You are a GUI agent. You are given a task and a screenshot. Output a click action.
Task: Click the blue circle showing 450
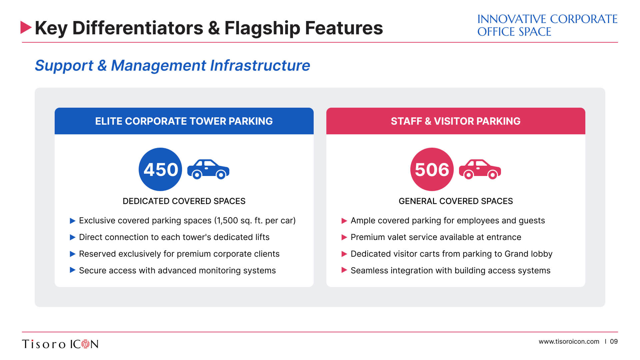tap(160, 169)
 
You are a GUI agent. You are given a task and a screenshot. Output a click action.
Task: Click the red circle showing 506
tap(432, 169)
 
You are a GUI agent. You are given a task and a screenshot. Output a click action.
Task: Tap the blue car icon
tap(208, 169)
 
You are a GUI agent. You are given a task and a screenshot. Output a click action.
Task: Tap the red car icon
tap(480, 169)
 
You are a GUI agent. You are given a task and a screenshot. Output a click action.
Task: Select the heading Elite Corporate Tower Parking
tap(184, 121)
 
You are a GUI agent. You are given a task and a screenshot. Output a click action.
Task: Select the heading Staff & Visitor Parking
tap(456, 121)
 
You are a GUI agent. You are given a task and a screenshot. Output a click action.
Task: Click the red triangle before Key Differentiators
tap(26, 27)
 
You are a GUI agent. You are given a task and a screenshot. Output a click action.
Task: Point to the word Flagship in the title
tap(262, 28)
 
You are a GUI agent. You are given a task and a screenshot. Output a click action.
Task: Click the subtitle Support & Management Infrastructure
tap(172, 65)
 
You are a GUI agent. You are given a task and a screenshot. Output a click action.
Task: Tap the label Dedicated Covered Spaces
tap(184, 201)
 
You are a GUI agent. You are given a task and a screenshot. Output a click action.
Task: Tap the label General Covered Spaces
tap(456, 201)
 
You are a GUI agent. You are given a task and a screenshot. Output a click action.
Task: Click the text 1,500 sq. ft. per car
tap(255, 221)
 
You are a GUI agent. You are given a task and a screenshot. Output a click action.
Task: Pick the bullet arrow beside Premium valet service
tap(344, 237)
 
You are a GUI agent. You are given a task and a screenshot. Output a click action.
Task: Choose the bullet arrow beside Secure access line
tap(73, 270)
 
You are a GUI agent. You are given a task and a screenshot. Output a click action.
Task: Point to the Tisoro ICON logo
tap(60, 344)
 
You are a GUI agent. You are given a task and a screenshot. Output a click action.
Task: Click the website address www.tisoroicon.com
tap(569, 342)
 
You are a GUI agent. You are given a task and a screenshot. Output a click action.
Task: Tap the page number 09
tap(614, 342)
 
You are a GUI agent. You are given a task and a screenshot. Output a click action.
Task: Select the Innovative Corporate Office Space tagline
tap(547, 25)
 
